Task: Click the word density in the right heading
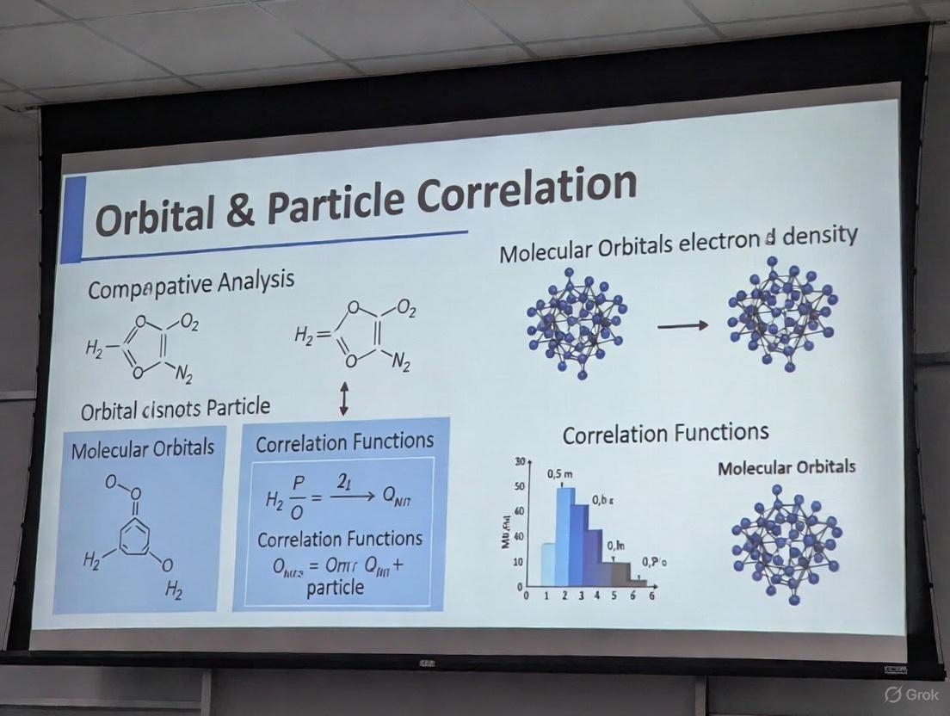(814, 236)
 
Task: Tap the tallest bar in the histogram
(565, 534)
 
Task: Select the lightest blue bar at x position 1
(547, 563)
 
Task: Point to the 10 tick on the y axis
(518, 561)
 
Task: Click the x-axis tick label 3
(583, 596)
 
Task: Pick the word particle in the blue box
(336, 589)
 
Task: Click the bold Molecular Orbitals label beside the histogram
(787, 467)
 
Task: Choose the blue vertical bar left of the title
(74, 219)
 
